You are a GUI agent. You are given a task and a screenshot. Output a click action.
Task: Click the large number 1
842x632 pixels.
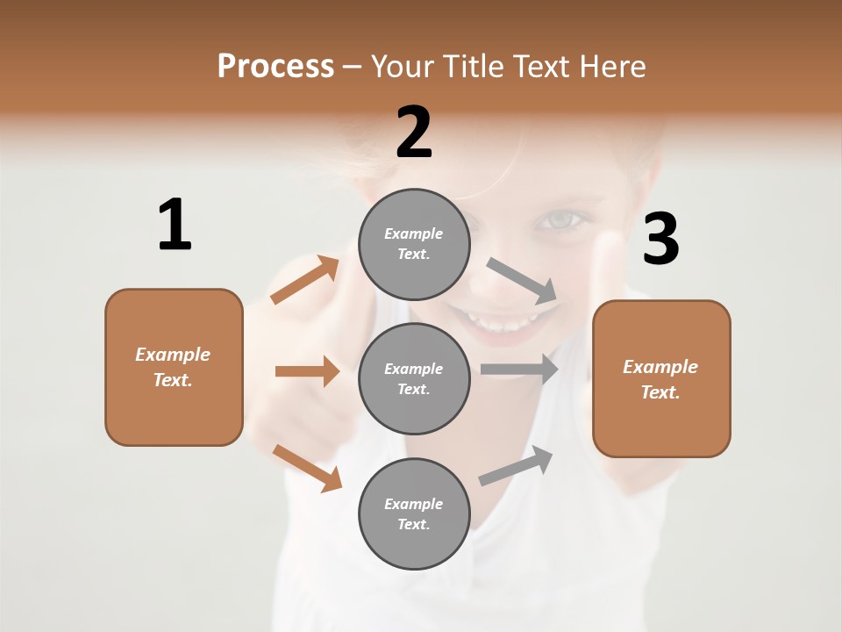click(174, 226)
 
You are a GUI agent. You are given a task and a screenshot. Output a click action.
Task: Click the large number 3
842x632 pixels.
click(660, 240)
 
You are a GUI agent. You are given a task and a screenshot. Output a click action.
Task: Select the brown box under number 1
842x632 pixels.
click(174, 367)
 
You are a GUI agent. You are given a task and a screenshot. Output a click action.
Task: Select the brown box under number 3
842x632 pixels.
click(661, 378)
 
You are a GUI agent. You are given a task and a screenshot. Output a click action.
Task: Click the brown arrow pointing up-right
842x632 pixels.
click(305, 280)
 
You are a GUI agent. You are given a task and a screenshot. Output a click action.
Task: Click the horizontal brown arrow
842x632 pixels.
click(307, 371)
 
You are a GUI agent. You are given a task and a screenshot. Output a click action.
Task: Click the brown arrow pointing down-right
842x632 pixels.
click(307, 467)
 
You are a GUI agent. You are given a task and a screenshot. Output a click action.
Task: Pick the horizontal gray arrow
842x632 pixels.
click(519, 369)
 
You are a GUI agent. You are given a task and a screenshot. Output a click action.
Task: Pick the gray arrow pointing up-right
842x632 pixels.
click(516, 464)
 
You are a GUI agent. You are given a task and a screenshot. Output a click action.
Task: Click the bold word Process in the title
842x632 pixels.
click(275, 66)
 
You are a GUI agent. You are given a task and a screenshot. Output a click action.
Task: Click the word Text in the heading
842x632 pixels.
click(542, 66)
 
